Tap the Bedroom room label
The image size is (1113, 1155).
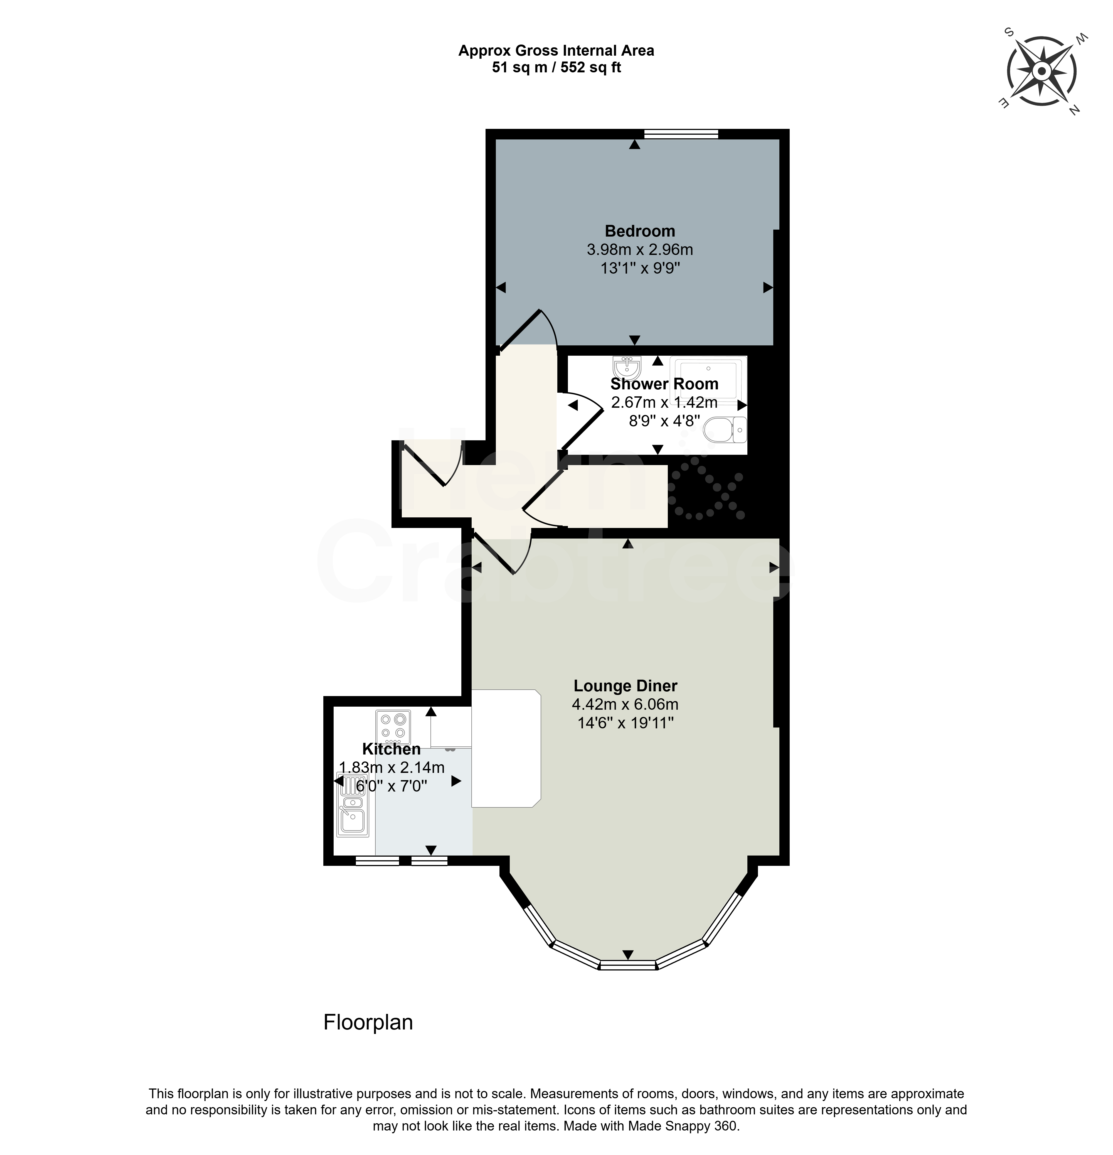[x=640, y=231]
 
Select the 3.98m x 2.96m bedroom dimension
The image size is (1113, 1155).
[x=640, y=249]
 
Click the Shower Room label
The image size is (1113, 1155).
[x=664, y=384]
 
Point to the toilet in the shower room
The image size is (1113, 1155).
[x=725, y=430]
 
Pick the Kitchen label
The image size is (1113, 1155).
[x=391, y=749]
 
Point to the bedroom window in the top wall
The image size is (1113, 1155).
[x=681, y=134]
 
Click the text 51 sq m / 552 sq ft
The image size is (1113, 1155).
[x=556, y=67]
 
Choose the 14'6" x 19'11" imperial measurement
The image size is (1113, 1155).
[x=626, y=723]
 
